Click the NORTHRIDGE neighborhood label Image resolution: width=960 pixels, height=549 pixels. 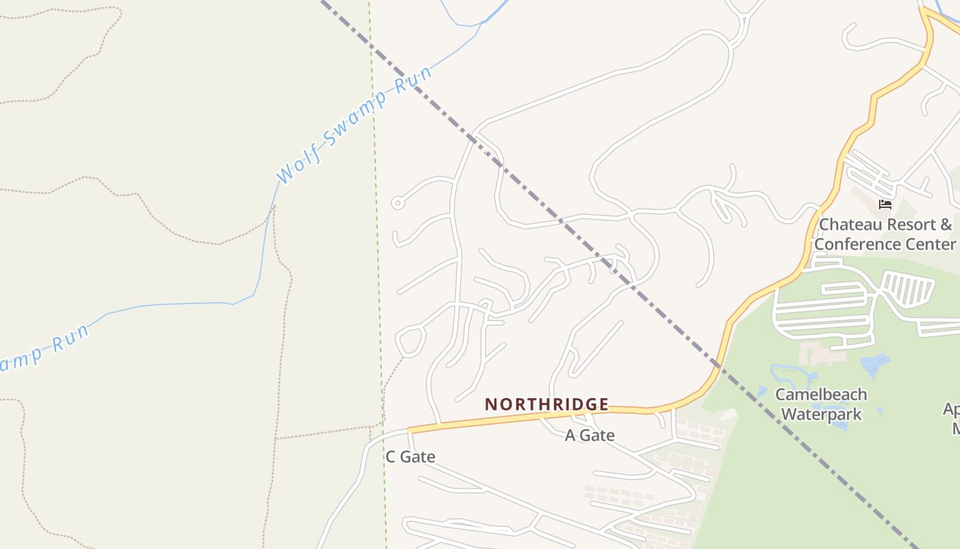point(547,404)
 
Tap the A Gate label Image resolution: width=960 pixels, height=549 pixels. point(589,435)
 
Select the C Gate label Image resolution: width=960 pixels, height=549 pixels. point(410,456)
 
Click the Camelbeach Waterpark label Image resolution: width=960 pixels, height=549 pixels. point(821,404)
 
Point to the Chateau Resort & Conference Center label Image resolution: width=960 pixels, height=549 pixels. point(885,234)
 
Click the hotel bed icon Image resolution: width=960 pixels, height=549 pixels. point(885,205)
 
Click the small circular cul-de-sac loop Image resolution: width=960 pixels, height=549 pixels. point(397,202)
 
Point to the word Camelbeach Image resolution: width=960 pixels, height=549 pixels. point(821,395)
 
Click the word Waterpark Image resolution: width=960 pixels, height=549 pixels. point(821,414)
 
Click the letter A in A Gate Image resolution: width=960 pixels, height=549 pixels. point(570,435)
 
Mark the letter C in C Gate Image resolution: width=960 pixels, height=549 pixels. point(391,456)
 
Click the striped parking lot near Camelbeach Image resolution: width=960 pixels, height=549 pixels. point(907,288)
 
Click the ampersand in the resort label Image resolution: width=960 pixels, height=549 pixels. point(946,224)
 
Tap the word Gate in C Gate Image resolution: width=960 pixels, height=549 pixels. point(418,456)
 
